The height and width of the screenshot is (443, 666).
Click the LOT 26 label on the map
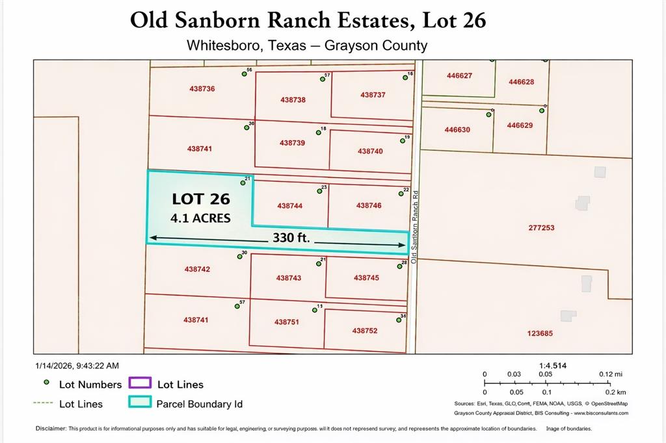(201, 199)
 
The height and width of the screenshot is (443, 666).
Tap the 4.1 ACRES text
(200, 218)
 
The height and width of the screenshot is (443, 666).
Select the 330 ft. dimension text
(290, 238)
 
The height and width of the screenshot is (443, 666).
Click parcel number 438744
(289, 205)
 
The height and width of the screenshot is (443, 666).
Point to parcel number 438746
(369, 205)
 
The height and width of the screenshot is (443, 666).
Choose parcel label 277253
(541, 228)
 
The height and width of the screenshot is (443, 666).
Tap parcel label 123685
(540, 333)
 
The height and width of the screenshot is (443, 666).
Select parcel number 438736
(202, 88)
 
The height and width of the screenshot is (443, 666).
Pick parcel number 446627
(459, 75)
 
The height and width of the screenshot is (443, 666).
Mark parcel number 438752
(365, 331)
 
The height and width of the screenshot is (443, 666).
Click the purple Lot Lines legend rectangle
(140, 384)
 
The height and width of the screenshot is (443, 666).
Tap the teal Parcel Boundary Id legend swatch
(140, 403)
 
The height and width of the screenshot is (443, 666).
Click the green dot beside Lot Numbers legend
(46, 383)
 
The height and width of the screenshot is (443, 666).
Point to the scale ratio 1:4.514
(553, 366)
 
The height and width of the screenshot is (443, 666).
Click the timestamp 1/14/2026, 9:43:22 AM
(77, 366)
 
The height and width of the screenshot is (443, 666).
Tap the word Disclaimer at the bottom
(51, 429)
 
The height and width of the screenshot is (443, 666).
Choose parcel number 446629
(520, 125)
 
